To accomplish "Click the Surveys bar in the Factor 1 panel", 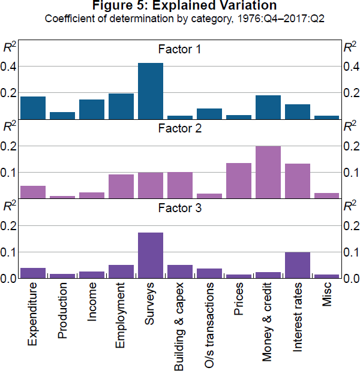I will click(x=151, y=91).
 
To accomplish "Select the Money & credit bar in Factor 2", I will click(x=268, y=172).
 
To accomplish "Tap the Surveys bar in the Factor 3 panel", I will click(x=151, y=255).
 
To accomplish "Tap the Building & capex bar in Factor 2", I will click(x=180, y=185).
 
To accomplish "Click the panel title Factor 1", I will click(x=180, y=49).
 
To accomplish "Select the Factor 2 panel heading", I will click(x=180, y=128).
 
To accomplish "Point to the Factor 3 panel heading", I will click(x=180, y=209).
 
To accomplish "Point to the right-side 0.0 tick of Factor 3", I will click(x=350, y=279).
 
